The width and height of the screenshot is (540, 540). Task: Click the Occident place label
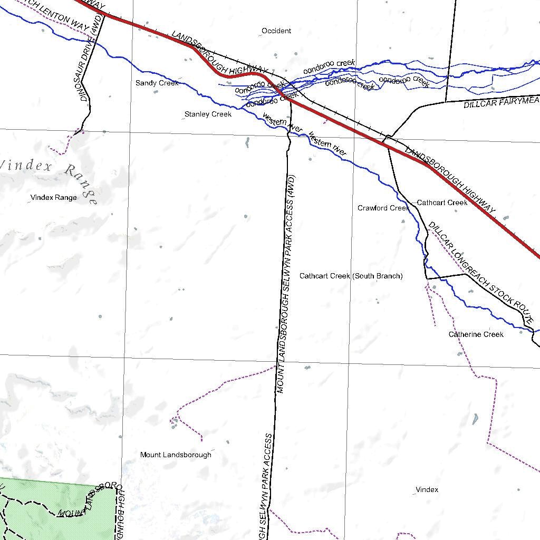click(276, 31)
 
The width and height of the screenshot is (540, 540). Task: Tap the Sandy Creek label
click(157, 83)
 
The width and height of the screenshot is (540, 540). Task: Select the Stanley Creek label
click(208, 114)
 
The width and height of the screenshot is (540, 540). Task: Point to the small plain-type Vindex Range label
click(53, 197)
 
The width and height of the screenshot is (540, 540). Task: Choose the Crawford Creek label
click(383, 208)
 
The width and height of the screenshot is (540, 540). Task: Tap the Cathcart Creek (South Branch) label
click(351, 276)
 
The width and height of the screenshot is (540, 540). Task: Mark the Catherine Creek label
click(476, 334)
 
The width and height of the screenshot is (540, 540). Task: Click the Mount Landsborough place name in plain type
click(176, 455)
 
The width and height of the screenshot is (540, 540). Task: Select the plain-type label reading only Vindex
click(427, 489)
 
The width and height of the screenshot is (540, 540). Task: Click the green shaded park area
click(53, 509)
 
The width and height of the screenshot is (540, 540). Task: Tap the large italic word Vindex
click(26, 166)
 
